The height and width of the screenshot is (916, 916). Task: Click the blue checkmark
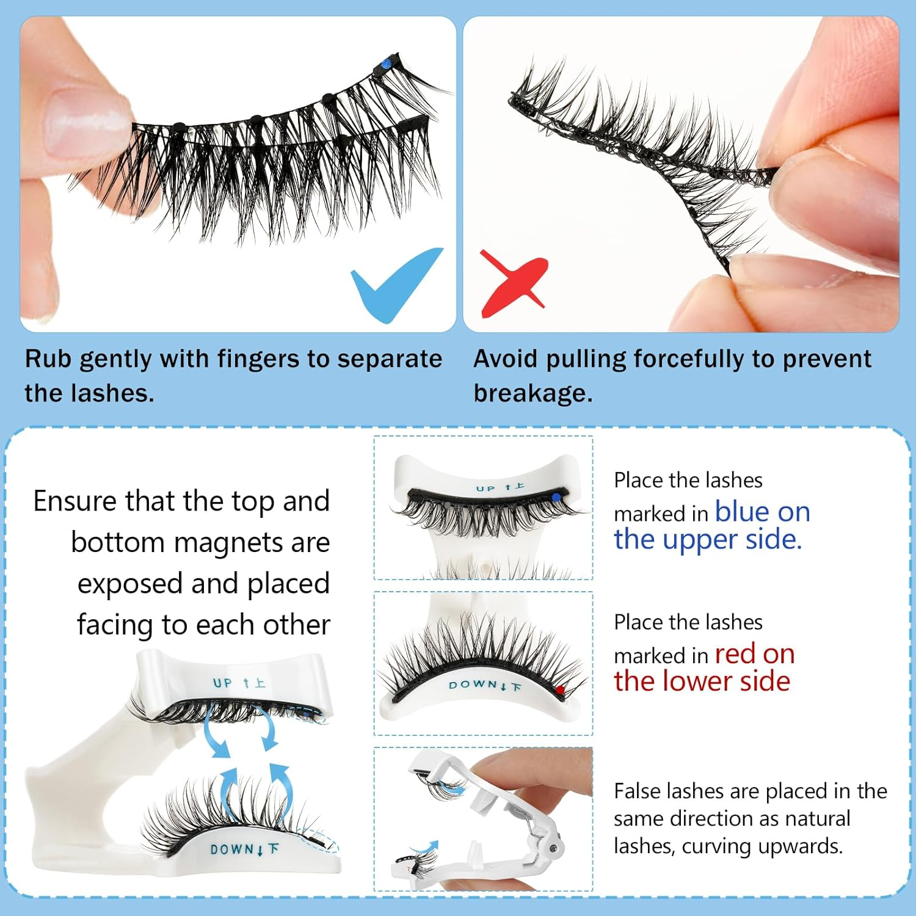395,284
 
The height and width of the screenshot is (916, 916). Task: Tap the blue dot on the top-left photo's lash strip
386,64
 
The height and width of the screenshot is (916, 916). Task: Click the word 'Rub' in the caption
48,359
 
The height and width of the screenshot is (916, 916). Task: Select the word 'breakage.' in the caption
533,393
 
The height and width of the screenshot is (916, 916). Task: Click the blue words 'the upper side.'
707,539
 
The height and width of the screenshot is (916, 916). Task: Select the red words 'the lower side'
702,681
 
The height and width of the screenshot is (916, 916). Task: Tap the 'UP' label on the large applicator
223,683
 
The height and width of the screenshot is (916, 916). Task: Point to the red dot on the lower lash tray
560,689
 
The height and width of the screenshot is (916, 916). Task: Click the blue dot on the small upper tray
556,498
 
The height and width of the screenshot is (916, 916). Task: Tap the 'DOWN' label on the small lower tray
474,685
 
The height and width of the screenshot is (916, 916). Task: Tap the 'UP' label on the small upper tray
485,489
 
